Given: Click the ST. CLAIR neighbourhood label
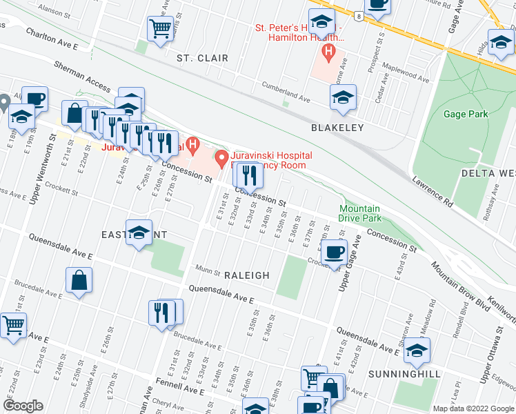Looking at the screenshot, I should click(x=202, y=58).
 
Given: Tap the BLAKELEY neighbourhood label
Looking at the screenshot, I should click(x=336, y=128).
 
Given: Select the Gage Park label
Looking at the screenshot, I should click(x=447, y=113).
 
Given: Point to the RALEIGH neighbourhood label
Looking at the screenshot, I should click(x=246, y=275).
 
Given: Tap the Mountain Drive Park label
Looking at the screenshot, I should click(x=359, y=213).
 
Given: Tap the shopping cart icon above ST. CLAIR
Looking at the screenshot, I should click(x=160, y=28).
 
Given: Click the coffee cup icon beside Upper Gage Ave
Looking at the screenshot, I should click(x=335, y=253).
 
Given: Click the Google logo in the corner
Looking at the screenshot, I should click(x=23, y=405).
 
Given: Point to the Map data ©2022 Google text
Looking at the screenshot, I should click(x=473, y=408).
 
